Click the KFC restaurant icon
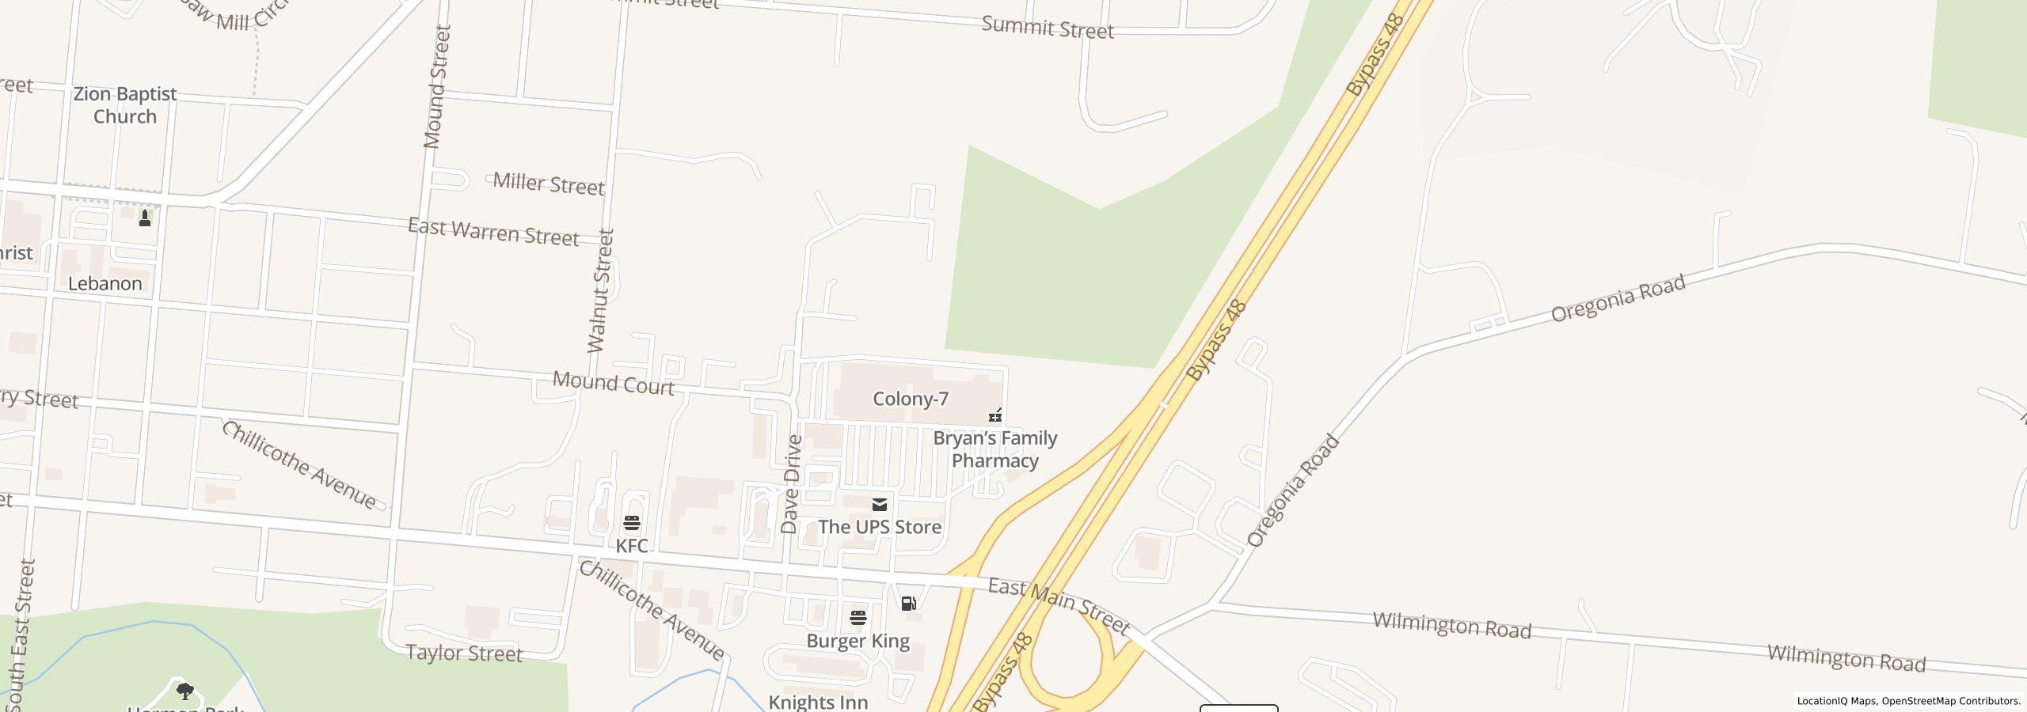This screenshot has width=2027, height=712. (631, 523)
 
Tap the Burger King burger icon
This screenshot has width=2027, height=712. (858, 617)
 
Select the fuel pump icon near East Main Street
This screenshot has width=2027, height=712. (908, 604)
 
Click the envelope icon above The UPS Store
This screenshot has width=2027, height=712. (879, 505)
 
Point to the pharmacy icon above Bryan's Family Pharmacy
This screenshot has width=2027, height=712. (995, 415)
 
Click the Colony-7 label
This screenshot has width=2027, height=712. (910, 399)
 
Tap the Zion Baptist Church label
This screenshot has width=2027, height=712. (125, 105)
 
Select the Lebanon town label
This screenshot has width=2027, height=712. (105, 283)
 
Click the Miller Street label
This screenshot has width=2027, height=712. (549, 184)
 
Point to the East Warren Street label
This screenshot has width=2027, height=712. (493, 232)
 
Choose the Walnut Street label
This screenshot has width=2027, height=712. (601, 290)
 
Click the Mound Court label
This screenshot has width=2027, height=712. (613, 383)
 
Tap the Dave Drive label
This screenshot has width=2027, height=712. (791, 484)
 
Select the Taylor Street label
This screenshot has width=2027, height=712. (464, 653)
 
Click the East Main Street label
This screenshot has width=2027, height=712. (1059, 606)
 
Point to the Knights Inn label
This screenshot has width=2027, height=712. (818, 702)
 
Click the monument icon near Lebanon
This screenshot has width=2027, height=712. (145, 218)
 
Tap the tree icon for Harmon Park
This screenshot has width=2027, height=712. (185, 691)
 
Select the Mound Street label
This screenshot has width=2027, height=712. (436, 87)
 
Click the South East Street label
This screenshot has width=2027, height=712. (21, 633)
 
